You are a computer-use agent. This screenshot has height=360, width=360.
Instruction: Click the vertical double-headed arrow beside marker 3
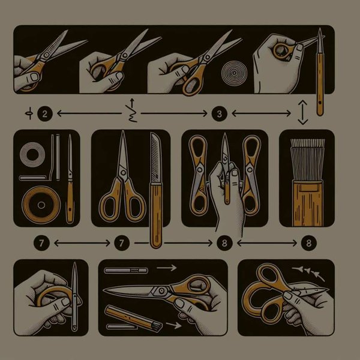tap(303, 112)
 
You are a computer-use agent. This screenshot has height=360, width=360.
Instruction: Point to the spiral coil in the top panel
tap(231, 76)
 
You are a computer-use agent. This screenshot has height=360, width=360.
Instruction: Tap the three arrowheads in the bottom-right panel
tap(313, 274)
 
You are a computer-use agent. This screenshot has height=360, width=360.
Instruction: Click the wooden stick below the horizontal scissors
tap(128, 316)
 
